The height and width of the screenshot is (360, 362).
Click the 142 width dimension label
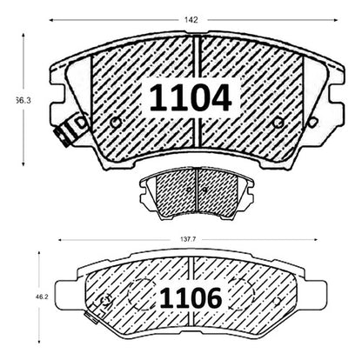pyautogui.click(x=191, y=20)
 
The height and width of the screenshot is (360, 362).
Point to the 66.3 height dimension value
pyautogui.click(x=23, y=101)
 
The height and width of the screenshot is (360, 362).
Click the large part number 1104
pyautogui.click(x=191, y=97)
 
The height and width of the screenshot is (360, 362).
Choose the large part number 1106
pyautogui.click(x=191, y=298)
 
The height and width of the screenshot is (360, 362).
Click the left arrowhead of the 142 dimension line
pyautogui.click(x=51, y=20)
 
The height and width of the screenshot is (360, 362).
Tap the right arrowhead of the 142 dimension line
pyautogui.click(x=336, y=20)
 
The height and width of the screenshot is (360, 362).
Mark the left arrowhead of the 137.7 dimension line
pyautogui.click(x=61, y=240)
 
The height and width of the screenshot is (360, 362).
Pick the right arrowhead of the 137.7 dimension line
pyautogui.click(x=314, y=240)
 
